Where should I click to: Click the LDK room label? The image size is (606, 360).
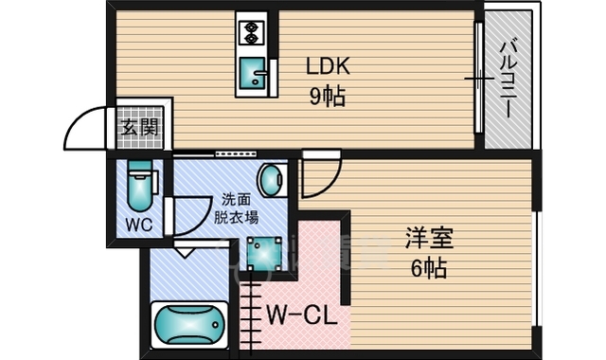pos(328,66)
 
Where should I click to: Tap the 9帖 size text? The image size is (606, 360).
pos(327,96)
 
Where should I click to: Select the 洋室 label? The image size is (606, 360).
pos(429,238)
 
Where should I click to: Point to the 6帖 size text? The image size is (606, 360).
pos(429,268)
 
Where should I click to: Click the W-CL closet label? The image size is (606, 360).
pos(302,316)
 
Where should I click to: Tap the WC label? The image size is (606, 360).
pos(139,225)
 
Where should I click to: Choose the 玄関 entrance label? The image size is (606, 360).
pos(139,127)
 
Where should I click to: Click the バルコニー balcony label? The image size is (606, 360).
pos(509,79)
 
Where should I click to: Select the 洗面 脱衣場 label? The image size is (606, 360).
pos(236,208)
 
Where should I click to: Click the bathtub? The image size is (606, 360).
pos(189,325)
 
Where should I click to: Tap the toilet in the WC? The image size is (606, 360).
pos(139,186)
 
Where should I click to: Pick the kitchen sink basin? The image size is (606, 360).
pos(253,72)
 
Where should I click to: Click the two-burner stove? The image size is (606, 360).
pos(252,32)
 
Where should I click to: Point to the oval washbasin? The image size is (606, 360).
pos(272,179)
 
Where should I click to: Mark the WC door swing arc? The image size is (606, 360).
pos(204,221)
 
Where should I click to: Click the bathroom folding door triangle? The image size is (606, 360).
pos(186,251)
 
